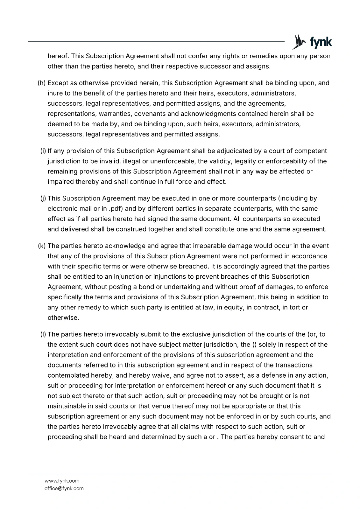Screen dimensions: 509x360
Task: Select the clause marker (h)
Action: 42,83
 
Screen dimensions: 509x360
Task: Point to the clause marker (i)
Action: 43,151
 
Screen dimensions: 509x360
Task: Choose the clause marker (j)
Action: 43,199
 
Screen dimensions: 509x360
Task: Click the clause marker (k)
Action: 42,246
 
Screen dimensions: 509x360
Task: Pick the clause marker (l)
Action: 43,335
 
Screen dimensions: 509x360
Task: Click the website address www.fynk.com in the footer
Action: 62,481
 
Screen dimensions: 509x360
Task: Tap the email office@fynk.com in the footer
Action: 64,488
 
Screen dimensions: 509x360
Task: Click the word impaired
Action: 60,182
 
